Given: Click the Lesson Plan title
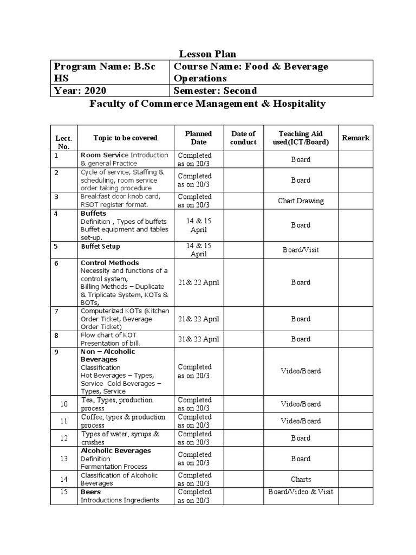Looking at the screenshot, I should pos(207,54).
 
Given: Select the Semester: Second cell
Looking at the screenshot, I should pos(215,91).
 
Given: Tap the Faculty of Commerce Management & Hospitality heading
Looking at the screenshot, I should pos(207,104).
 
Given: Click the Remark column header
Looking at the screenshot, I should pos(356,138).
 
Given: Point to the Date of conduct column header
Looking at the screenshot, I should pos(243,138).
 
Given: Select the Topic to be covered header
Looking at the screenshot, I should pos(118,138).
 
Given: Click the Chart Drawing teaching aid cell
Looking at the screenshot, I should pos(301,201).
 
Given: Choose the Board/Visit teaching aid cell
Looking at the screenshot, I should pos(301,250).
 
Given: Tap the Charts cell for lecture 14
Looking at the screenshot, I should pos(301,480).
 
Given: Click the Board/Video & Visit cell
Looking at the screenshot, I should pos(301,492).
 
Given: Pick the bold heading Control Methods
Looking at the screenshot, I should pos(109,263).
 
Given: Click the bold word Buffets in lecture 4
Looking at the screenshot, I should pos(93,214).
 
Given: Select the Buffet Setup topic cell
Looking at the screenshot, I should pos(100,246).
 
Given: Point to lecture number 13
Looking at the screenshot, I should pos(64,459).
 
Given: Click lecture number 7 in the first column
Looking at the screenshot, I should pos(56,311).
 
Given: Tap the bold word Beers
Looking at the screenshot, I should pos(90,492).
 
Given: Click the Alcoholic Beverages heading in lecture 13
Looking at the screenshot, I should pos(115,451).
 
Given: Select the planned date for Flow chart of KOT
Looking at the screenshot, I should pos(199,339).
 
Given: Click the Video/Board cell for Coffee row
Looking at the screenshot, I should pos(301,421).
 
